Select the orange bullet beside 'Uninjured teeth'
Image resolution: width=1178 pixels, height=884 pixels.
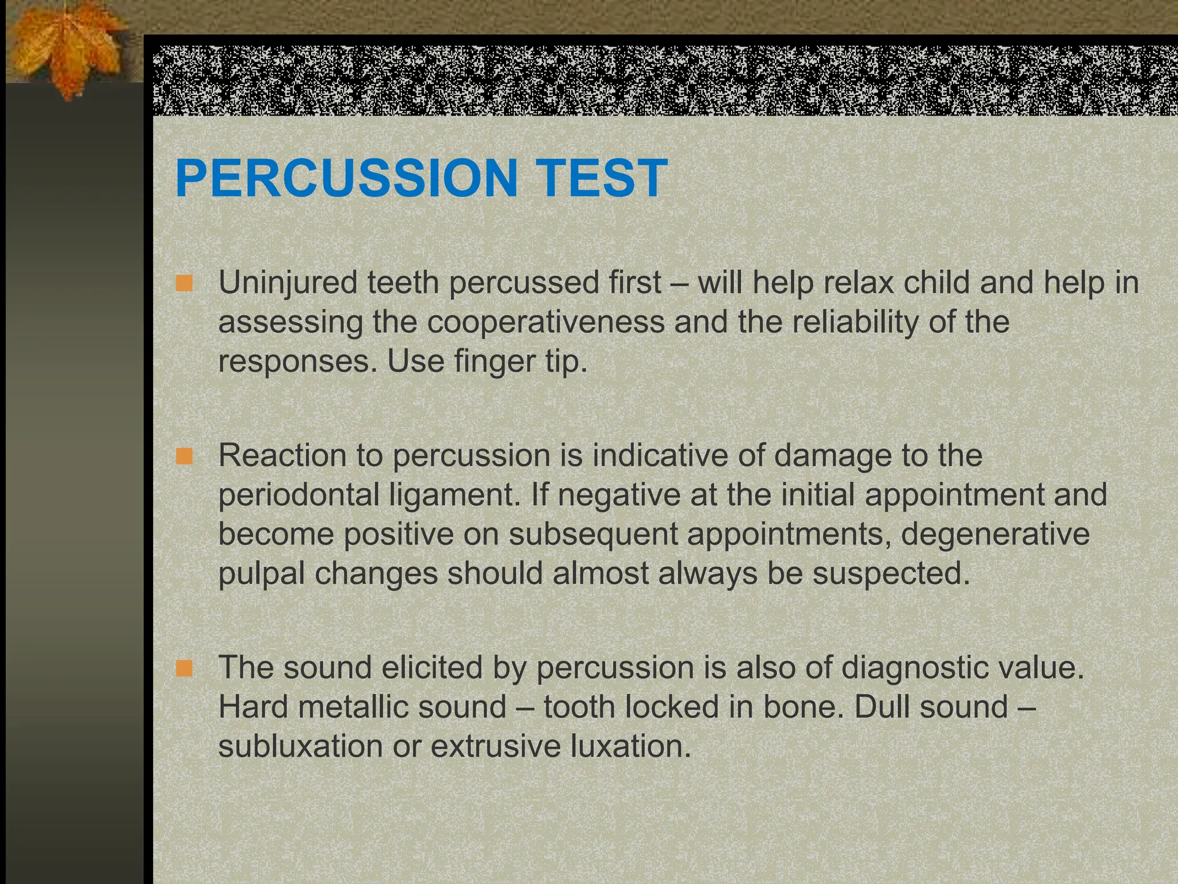(x=185, y=284)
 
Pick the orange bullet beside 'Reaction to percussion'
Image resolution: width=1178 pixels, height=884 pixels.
(x=185, y=457)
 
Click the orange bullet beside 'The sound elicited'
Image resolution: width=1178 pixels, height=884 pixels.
(x=185, y=669)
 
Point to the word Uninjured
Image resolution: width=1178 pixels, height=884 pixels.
(x=288, y=283)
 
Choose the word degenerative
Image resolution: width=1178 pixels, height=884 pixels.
(x=995, y=534)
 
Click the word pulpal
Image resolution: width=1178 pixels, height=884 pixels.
(x=262, y=574)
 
